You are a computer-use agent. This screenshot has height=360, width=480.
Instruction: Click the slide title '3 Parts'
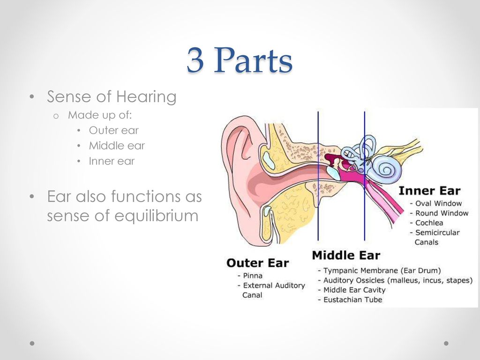click(x=240, y=60)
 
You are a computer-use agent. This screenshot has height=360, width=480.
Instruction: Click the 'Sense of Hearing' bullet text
click(x=112, y=97)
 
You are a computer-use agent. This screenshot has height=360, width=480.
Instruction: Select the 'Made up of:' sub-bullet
click(x=100, y=115)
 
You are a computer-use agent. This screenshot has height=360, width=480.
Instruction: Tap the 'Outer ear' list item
click(x=113, y=130)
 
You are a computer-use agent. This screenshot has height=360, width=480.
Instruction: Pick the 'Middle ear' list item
click(x=117, y=146)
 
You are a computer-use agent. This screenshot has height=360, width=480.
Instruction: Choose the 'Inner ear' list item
click(x=112, y=161)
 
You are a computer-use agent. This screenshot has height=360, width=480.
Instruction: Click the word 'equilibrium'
click(x=157, y=216)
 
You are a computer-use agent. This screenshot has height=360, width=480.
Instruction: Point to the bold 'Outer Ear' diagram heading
click(x=257, y=263)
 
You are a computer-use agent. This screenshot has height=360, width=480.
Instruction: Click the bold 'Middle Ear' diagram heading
click(x=346, y=255)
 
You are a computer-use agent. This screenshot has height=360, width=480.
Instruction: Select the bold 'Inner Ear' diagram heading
click(x=429, y=191)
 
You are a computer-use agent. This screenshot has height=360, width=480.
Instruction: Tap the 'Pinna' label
click(x=253, y=276)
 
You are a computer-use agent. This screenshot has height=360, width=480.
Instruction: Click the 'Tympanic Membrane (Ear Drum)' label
click(x=382, y=270)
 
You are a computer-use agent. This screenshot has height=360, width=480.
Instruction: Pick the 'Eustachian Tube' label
click(x=352, y=300)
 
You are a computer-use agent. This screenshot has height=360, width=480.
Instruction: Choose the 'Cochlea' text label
click(x=429, y=223)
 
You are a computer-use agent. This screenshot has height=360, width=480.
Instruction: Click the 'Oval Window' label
click(x=438, y=203)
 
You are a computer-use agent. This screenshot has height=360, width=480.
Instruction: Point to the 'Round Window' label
click(x=442, y=213)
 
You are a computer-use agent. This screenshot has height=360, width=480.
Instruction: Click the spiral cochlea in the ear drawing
click(x=387, y=169)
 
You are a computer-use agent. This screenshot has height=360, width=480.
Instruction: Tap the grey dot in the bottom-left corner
click(x=32, y=343)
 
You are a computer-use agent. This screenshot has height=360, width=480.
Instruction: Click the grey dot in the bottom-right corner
click(x=446, y=343)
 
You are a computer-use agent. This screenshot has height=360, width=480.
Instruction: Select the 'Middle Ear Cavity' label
click(x=354, y=290)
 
